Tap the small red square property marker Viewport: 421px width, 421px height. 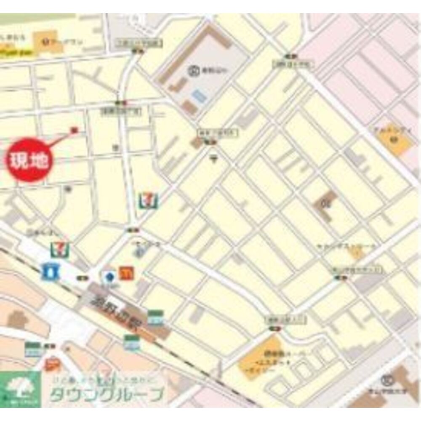pos(75,130)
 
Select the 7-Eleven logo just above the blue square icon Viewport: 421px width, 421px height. pos(58,250)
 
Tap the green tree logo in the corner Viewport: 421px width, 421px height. pos(20,387)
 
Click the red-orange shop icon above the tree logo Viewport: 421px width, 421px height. pos(51,364)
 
